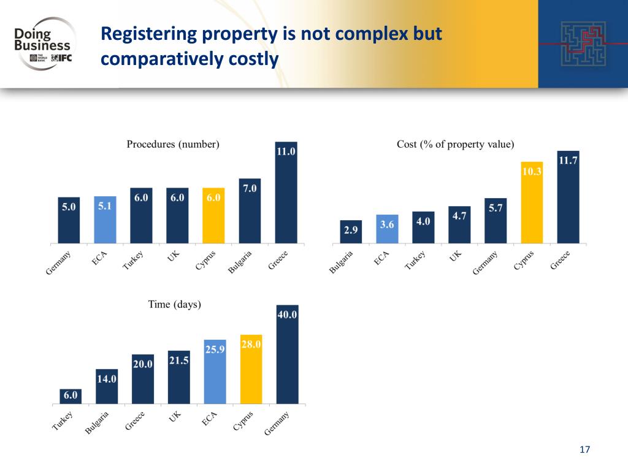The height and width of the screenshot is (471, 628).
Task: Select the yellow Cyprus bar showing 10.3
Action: [532, 202]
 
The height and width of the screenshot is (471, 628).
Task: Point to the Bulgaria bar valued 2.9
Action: [351, 231]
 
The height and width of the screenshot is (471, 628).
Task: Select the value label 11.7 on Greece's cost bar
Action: [568, 160]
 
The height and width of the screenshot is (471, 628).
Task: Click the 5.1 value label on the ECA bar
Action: [105, 207]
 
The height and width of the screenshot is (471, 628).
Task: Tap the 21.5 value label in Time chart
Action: [178, 361]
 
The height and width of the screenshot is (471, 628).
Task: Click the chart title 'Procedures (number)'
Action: [173, 145]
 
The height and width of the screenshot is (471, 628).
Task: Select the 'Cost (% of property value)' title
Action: [456, 145]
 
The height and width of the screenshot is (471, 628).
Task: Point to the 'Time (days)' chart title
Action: [175, 304]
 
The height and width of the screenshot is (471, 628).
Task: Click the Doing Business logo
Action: [43, 43]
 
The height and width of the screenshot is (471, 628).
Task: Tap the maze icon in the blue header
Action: [582, 44]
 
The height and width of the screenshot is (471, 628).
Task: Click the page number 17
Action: [584, 451]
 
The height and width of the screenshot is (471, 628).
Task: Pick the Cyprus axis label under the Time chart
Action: [243, 421]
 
